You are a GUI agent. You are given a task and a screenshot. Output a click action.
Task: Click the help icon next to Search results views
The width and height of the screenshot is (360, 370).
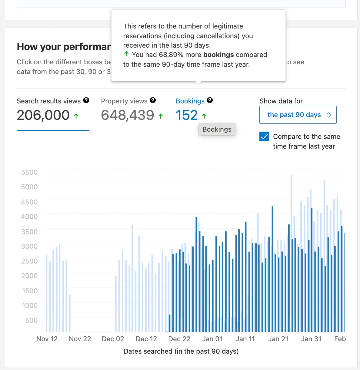point(86,100)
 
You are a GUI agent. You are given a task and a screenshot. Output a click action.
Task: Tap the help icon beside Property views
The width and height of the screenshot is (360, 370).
point(153,100)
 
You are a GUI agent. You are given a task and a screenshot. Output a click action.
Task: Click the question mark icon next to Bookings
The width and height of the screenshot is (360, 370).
point(210,100)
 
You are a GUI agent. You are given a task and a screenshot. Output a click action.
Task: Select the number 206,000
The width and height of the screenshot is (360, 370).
point(43,115)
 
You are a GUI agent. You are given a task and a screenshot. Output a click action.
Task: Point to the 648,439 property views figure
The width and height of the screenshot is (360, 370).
point(128,115)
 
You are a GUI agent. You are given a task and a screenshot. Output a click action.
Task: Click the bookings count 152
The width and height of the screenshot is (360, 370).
point(187,115)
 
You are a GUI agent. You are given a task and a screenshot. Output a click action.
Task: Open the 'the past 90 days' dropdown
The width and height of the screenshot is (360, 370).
point(298,115)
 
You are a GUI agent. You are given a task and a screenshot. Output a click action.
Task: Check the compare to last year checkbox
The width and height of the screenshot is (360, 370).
point(264,137)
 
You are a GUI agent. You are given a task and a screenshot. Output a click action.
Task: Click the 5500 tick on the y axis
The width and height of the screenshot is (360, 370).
point(29,172)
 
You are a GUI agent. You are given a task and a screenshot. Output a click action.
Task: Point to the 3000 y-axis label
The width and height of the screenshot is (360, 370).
point(29,246)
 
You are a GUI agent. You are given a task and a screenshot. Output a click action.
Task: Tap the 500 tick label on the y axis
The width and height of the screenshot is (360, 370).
point(32,320)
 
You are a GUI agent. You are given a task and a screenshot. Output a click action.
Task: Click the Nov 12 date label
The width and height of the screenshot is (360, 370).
point(47,339)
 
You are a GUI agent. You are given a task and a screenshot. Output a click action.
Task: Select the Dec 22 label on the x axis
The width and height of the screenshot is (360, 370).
point(179,339)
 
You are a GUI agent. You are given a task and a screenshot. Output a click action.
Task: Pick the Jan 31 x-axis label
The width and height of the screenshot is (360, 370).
point(311,339)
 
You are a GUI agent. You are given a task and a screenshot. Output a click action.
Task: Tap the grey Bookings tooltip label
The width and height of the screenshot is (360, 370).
point(217,129)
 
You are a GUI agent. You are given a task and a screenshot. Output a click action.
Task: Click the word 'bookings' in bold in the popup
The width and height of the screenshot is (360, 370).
point(218,55)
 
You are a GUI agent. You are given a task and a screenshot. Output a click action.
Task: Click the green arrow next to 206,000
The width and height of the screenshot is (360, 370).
point(76,116)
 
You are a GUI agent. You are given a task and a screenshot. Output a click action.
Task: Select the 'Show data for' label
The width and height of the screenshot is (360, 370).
point(281,101)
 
